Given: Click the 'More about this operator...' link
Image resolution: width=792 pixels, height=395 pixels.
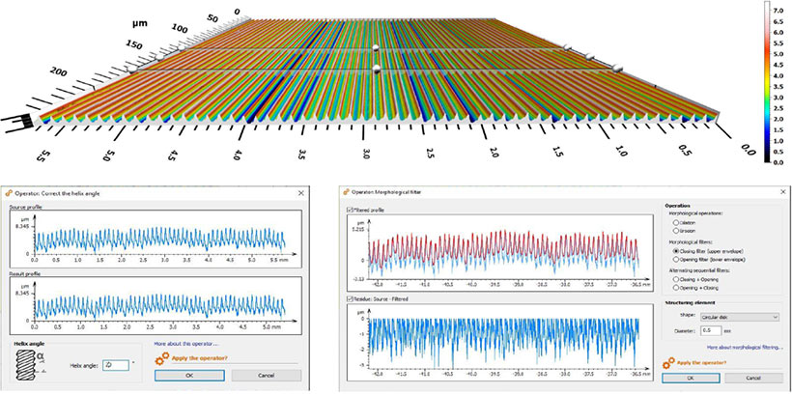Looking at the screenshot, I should pos(185,343).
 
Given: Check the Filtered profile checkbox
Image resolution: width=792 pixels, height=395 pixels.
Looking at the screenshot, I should pos(351,209).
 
